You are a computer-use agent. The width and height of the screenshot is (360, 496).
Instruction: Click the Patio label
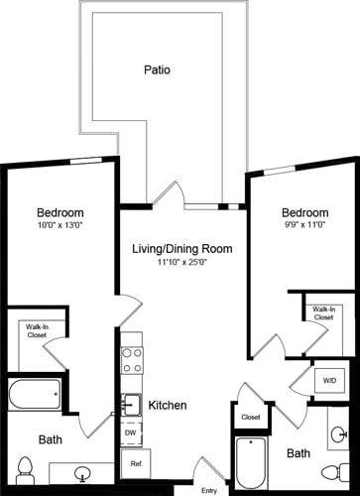click(x=157, y=70)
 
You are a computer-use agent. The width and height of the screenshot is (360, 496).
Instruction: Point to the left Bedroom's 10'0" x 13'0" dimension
click(x=59, y=227)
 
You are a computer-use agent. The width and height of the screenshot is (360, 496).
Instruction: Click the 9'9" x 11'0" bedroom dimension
click(x=304, y=227)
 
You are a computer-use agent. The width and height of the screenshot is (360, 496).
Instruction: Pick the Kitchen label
click(x=169, y=406)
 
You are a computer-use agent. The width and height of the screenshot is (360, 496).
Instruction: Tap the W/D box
click(x=328, y=379)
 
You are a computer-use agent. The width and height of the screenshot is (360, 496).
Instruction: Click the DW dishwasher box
click(x=131, y=433)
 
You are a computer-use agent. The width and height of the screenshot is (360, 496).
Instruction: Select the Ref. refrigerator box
click(x=132, y=463)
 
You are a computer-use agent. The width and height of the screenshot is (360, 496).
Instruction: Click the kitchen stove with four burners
click(x=132, y=360)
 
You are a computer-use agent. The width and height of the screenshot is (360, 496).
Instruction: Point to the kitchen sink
click(x=131, y=404)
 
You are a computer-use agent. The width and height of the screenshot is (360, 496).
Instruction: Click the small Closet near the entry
click(x=250, y=418)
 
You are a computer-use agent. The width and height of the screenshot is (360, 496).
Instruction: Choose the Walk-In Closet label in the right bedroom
click(x=323, y=314)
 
